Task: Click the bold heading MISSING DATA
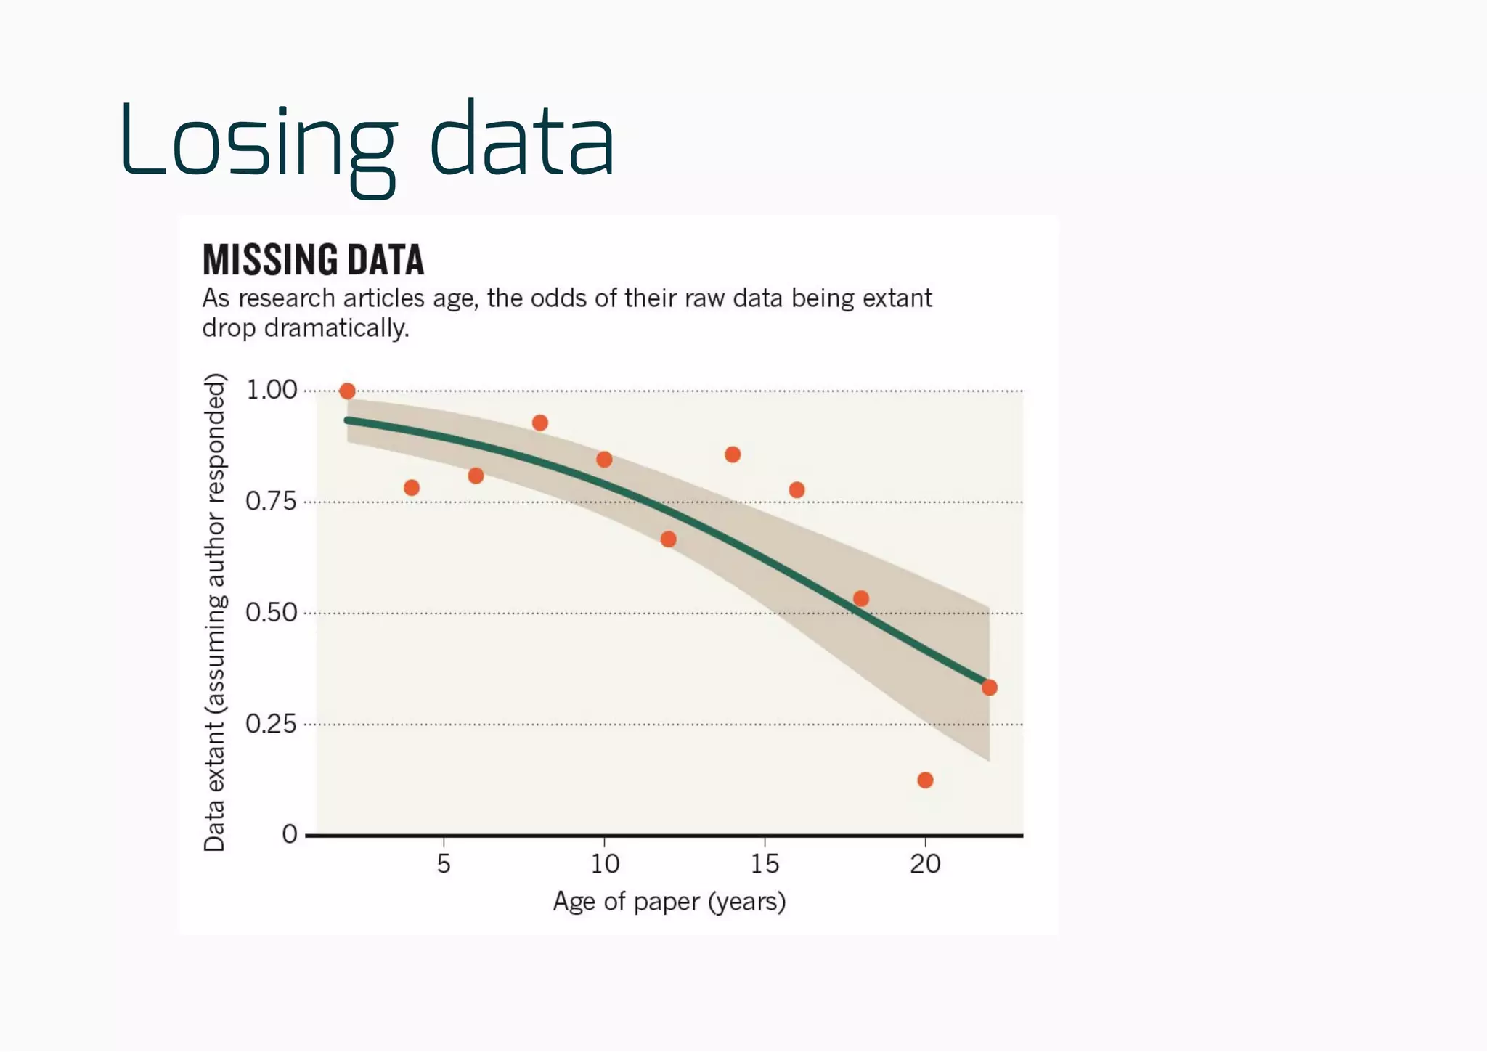[x=313, y=260]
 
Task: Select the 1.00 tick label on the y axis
[x=272, y=391]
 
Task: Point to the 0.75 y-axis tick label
[x=271, y=502]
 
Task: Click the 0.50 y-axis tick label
[x=271, y=613]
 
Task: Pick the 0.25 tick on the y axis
[x=271, y=725]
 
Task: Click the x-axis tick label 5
[x=444, y=864]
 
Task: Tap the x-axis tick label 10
[x=604, y=864]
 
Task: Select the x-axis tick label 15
[x=765, y=864]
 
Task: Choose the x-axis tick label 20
[x=925, y=864]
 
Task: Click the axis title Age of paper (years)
[x=669, y=902]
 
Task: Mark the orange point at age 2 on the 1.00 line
[x=347, y=391]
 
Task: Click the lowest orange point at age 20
[x=925, y=780]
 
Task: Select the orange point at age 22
[x=989, y=688]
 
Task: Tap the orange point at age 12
[x=668, y=539]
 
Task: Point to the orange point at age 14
[x=733, y=454]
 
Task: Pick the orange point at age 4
[x=412, y=488]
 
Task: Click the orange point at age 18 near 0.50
[x=861, y=599]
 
